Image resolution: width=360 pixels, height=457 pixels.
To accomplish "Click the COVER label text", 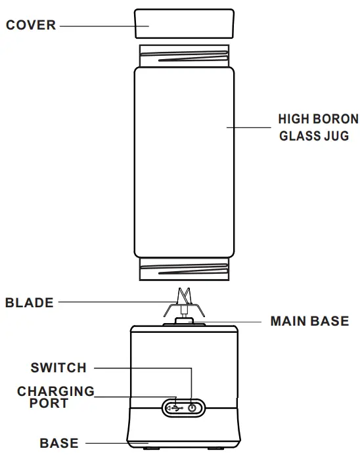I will pyautogui.click(x=31, y=26).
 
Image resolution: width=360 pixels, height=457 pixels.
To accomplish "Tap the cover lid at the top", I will pyautogui.click(x=184, y=24).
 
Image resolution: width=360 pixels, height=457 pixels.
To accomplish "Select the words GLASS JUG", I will pyautogui.click(x=314, y=137).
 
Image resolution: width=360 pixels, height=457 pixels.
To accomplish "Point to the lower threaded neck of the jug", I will pyautogui.click(x=184, y=268).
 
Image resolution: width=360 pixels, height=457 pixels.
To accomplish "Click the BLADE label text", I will pyautogui.click(x=29, y=303).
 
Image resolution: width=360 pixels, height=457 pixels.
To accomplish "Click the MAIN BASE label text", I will pyautogui.click(x=309, y=322).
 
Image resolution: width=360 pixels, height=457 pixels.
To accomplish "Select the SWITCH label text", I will pyautogui.click(x=58, y=368).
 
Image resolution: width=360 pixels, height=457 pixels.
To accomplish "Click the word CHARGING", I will pyautogui.click(x=56, y=391).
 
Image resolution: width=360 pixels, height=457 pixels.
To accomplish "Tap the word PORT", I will pyautogui.click(x=49, y=403).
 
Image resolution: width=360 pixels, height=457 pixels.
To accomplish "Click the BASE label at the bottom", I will pyautogui.click(x=58, y=444).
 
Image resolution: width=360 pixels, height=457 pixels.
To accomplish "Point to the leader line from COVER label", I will pyautogui.click(x=99, y=26).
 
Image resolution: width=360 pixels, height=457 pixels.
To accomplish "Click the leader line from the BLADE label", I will pyautogui.click(x=112, y=303).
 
